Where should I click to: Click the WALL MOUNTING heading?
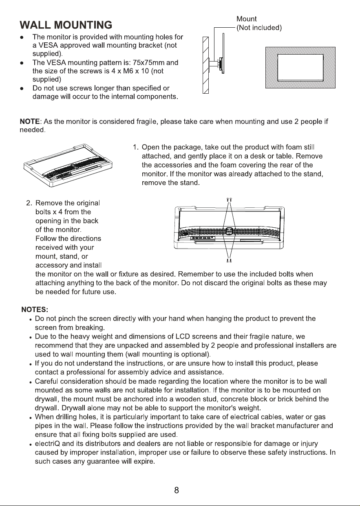(66, 25)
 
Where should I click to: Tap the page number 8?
(177, 490)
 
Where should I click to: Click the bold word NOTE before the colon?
(30, 121)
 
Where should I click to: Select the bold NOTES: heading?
(35, 310)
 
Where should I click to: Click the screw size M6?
(128, 71)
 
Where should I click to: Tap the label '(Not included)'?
(259, 28)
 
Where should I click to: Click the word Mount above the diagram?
(246, 19)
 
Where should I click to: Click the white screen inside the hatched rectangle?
(300, 67)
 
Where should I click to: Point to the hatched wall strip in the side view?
(205, 65)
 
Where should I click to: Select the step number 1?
(135, 147)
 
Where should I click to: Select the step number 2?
(29, 203)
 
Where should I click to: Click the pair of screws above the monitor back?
(229, 200)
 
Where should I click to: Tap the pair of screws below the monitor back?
(229, 261)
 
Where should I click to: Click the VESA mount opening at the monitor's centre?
(229, 231)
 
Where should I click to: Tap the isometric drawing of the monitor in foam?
(68, 165)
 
